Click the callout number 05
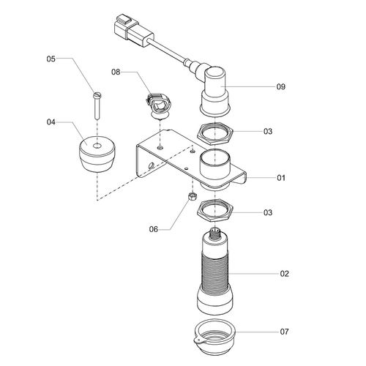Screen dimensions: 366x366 click(51, 59)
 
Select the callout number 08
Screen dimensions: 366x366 click(116, 72)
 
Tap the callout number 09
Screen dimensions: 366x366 click(281, 86)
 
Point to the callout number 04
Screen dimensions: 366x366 click(51, 122)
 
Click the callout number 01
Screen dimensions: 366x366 click(281, 178)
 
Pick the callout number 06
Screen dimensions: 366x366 click(154, 229)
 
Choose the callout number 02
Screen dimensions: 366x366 click(285, 274)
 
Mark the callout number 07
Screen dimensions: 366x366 click(285, 332)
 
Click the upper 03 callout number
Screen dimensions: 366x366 click(268, 131)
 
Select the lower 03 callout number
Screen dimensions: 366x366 click(268, 212)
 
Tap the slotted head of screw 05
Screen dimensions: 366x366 click(97, 94)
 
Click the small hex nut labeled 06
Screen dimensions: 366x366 click(193, 195)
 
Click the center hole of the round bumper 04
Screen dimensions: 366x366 click(97, 146)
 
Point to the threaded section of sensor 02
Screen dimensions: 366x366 click(215, 269)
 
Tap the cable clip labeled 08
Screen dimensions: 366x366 click(160, 105)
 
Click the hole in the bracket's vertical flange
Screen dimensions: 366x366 click(152, 165)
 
